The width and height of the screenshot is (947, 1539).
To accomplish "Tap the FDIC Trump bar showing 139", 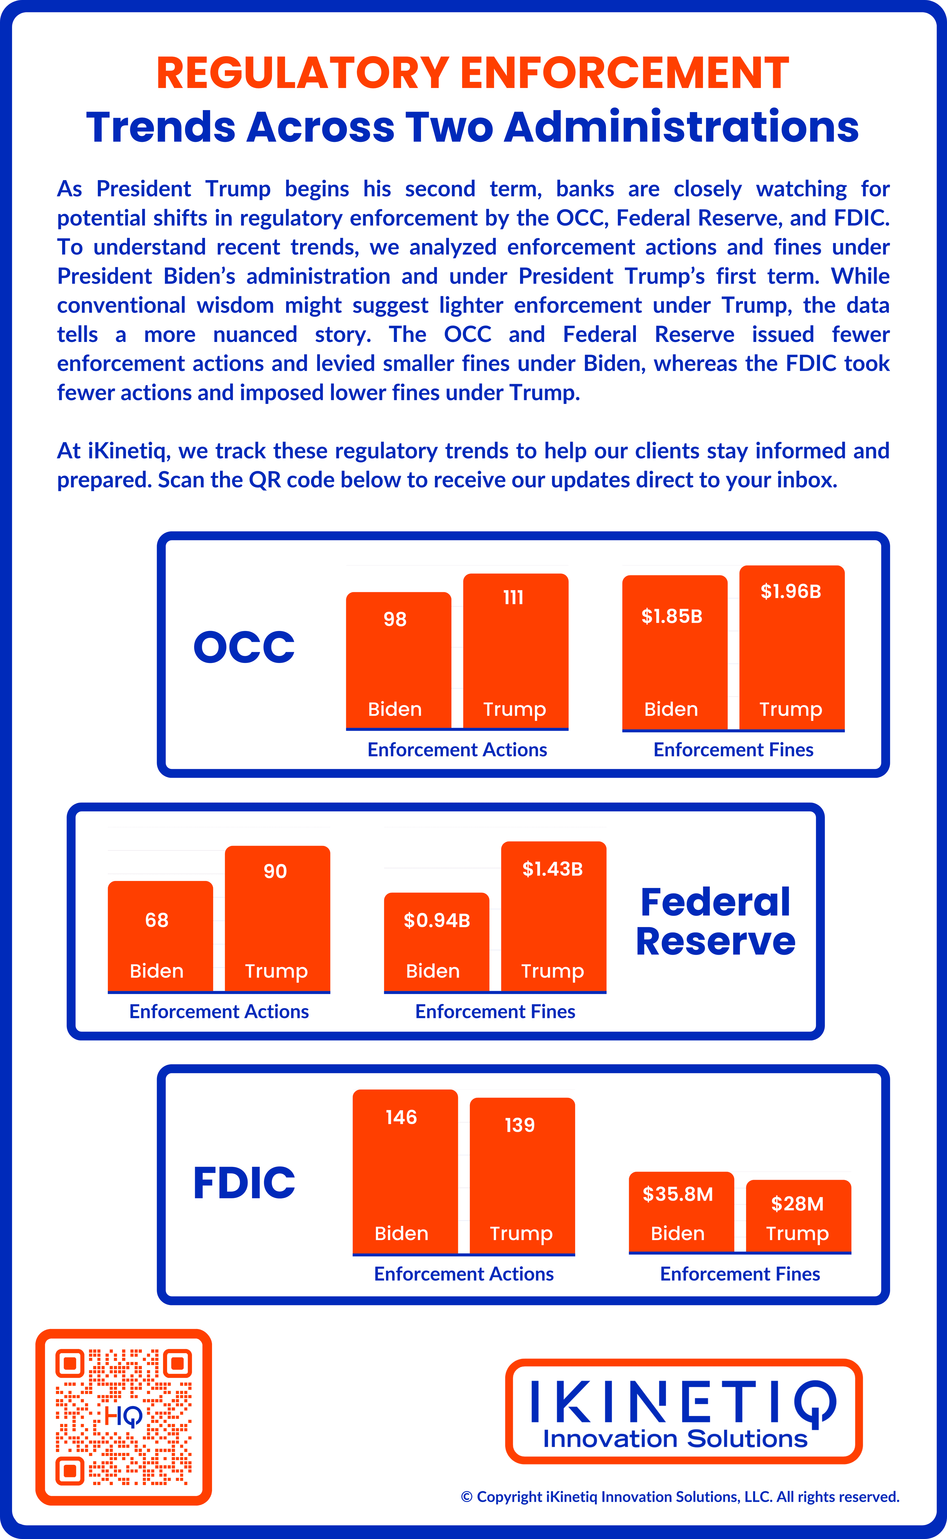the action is click(x=522, y=1176).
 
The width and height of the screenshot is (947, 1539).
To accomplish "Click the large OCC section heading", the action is click(x=244, y=647).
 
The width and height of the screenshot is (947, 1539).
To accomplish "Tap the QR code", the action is click(x=124, y=1417).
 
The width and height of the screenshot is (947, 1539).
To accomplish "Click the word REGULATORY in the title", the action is click(x=303, y=73).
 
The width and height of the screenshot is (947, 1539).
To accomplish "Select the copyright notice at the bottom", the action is click(x=680, y=1497).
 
